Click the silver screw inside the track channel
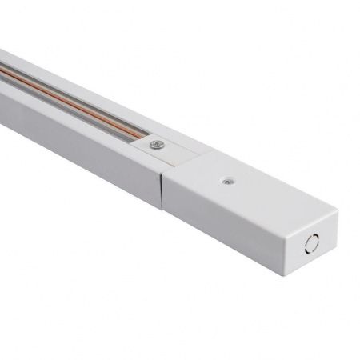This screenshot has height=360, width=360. point(157,145)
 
